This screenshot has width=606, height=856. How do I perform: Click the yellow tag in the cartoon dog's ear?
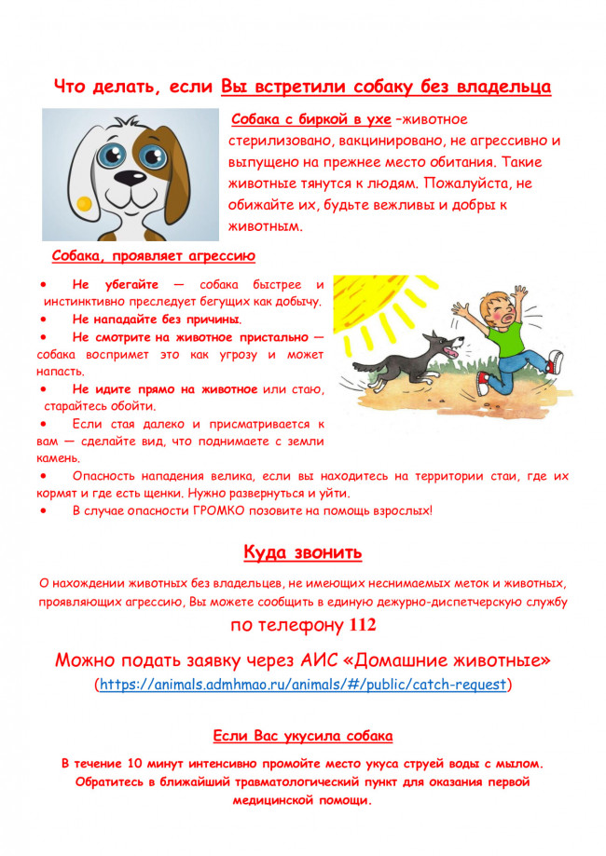coord(83,202)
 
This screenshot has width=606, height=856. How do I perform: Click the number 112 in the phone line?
coord(356,625)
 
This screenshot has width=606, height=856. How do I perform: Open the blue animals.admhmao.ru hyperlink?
coord(302,685)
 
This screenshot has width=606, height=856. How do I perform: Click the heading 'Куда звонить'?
coord(302,552)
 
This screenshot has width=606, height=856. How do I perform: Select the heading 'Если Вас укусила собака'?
coord(302,736)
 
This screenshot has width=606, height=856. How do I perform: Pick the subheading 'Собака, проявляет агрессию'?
coord(154,256)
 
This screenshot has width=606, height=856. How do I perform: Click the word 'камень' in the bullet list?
coord(58,458)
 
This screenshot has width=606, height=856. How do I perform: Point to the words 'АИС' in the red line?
coord(332,660)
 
